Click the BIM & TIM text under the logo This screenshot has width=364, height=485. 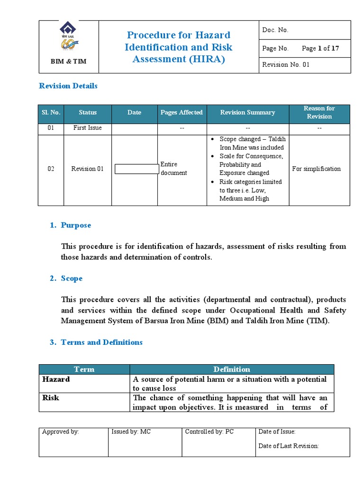[x=69, y=62]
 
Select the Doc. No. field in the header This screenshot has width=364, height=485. [x=275, y=30]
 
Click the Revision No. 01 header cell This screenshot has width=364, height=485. [x=286, y=64]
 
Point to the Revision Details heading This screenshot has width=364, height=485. [x=68, y=86]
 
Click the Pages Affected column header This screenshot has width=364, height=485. [x=182, y=113]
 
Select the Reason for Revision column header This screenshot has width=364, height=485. [x=319, y=113]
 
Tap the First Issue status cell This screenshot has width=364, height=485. [x=88, y=128]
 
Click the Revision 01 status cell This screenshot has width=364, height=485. [x=88, y=169]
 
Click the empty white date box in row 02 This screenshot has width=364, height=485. [x=136, y=169]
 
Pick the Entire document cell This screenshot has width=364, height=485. [x=173, y=169]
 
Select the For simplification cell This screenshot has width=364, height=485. [x=316, y=169]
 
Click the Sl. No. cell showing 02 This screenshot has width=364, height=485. [x=51, y=169]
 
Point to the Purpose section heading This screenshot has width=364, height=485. [x=76, y=225]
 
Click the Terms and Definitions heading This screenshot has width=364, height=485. [x=101, y=342]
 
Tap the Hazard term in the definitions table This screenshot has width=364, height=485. [x=56, y=379]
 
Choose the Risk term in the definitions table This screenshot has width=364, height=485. [x=51, y=398]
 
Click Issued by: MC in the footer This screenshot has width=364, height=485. [x=131, y=431]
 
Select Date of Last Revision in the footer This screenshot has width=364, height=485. [x=289, y=446]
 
